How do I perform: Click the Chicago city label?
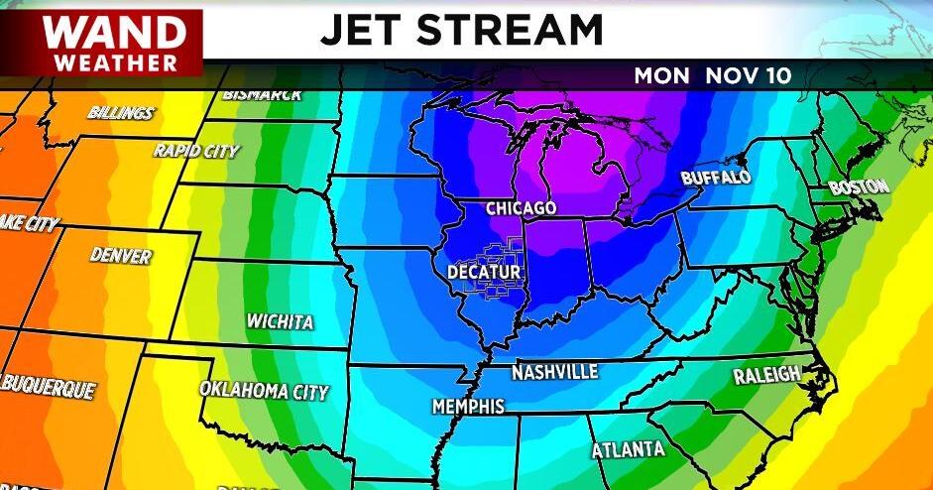tap(521, 208)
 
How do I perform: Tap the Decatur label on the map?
tap(485, 271)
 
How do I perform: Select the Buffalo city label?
tap(716, 178)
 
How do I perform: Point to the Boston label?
tap(859, 185)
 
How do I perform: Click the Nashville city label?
tap(554, 372)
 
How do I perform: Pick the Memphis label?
tap(468, 407)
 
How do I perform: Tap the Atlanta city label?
tap(629, 449)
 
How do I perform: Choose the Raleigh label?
tap(766, 375)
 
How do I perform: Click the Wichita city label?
tap(281, 322)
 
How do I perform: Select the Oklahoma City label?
tap(264, 391)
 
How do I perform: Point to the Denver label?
tap(121, 256)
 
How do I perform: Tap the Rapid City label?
tap(196, 151)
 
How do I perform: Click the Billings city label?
tap(121, 112)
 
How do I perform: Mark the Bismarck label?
tap(263, 95)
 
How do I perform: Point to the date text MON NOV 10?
tap(713, 76)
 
